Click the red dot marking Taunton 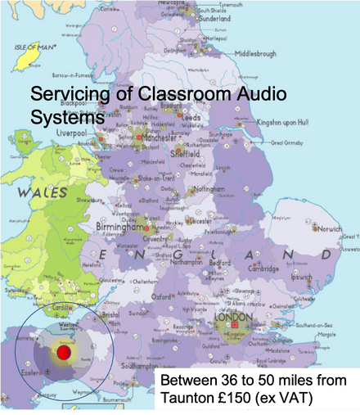pyautogui.click(x=64, y=354)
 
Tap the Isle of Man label pyautogui.click(x=32, y=47)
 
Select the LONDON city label pyautogui.click(x=234, y=317)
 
